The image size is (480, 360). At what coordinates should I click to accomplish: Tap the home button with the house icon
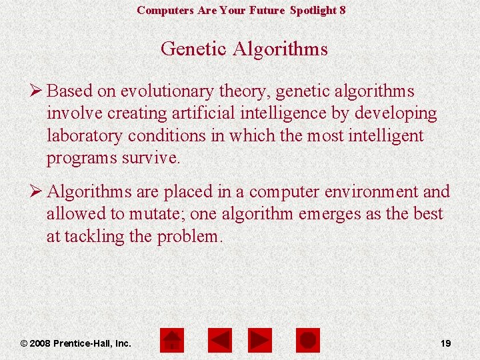pyautogui.click(x=173, y=341)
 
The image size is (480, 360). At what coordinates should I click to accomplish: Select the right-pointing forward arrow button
pyautogui.click(x=259, y=341)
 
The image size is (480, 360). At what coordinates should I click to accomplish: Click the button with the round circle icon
pyautogui.click(x=307, y=341)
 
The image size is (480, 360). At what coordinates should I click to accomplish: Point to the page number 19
pyautogui.click(x=445, y=343)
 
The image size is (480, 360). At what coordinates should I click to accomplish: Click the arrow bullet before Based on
pyautogui.click(x=36, y=91)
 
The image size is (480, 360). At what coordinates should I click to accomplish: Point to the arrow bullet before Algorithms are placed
pyautogui.click(x=36, y=192)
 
